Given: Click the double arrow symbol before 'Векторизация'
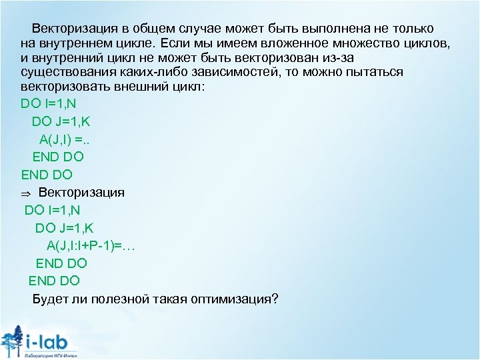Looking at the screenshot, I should [25, 193].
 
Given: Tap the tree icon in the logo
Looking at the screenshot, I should [13, 340].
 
